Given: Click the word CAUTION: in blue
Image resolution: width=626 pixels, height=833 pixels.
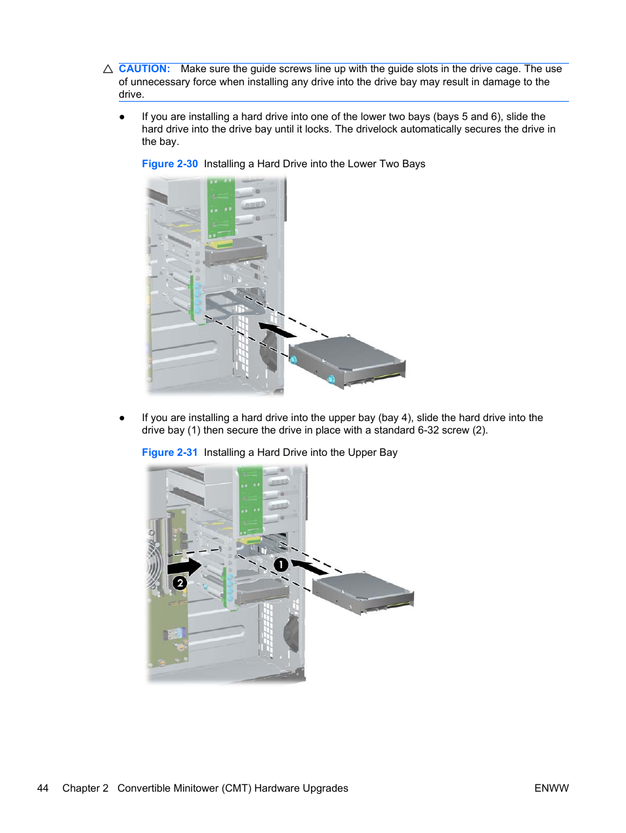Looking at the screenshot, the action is tap(144, 69).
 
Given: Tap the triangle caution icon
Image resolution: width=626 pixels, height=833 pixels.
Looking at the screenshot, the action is tap(108, 69).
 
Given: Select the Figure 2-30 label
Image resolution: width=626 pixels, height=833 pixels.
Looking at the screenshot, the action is tap(170, 164).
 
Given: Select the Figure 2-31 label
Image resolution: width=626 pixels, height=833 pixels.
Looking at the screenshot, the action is tap(170, 453).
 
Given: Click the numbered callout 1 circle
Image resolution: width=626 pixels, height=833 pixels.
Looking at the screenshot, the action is tap(281, 564).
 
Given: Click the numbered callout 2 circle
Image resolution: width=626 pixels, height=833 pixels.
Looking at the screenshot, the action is tap(180, 582).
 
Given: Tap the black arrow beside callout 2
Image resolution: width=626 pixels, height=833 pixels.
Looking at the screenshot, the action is tap(185, 565).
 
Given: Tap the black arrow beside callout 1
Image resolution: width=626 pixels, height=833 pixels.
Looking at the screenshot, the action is tap(309, 567).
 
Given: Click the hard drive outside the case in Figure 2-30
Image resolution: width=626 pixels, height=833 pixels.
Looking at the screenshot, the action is tap(348, 361).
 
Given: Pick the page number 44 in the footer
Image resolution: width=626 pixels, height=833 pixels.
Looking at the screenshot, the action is tap(43, 788).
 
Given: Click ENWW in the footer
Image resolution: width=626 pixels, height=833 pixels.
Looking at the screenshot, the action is tap(551, 788).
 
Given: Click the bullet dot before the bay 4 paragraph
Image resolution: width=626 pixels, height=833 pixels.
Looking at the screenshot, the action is tap(122, 418).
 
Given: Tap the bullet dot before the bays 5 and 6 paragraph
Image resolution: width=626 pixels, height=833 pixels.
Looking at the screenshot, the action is tap(122, 117).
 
